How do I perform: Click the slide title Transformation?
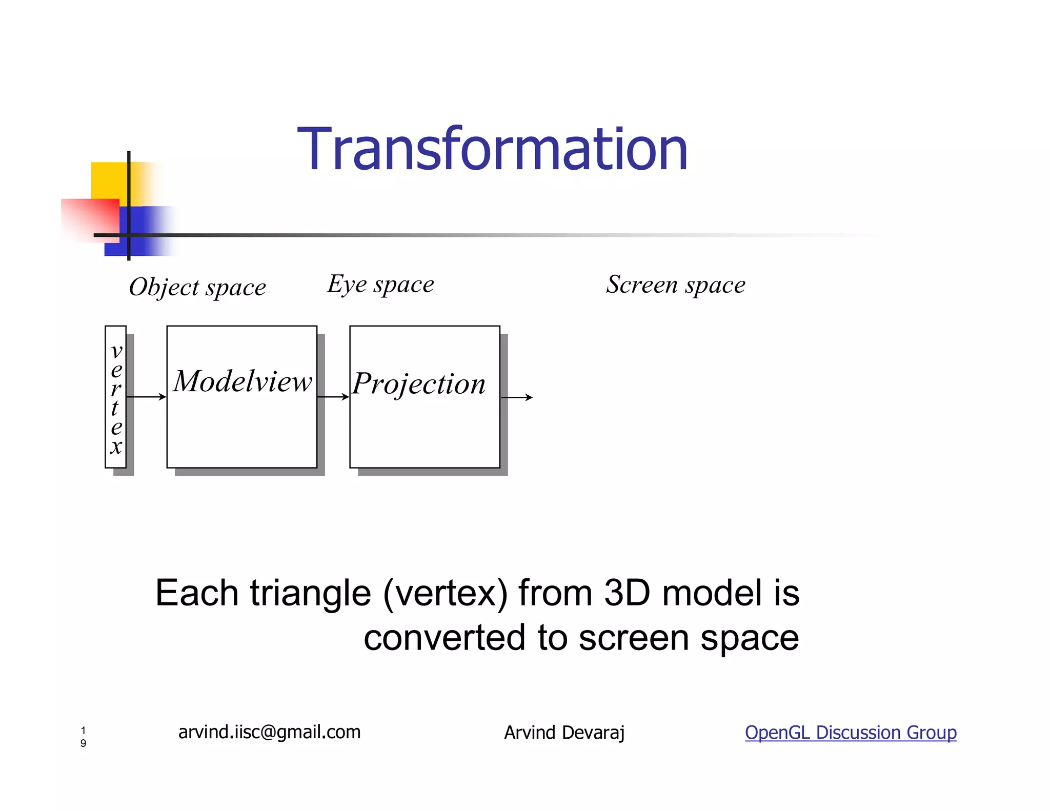point(492,150)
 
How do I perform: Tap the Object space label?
point(197,287)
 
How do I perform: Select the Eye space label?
point(380,284)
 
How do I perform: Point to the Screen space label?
point(675,285)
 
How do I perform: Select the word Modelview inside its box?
point(242,381)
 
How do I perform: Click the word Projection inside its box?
point(419,384)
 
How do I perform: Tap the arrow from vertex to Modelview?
point(146,396)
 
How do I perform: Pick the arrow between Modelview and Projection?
point(333,396)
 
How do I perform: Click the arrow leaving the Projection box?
point(517,397)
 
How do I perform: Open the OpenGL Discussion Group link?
point(850,732)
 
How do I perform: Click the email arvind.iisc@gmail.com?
point(269,732)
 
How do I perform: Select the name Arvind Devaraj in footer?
point(564,733)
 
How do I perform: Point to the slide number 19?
point(83,737)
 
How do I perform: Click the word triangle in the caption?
point(310,594)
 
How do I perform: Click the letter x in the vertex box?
point(116,447)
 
